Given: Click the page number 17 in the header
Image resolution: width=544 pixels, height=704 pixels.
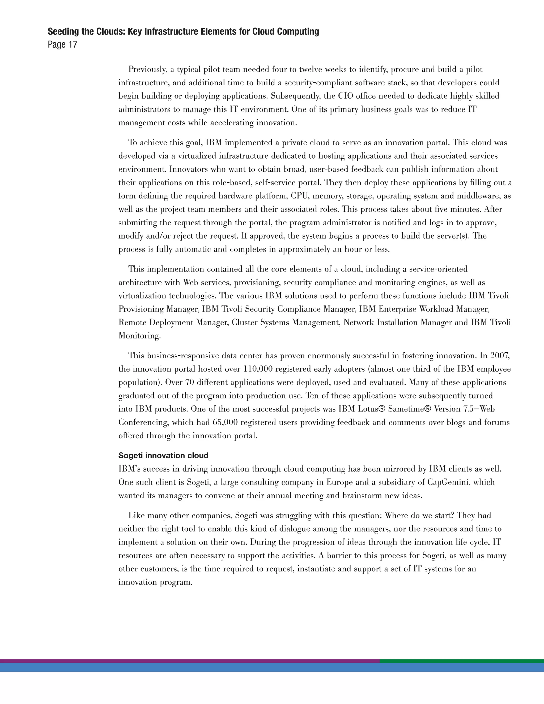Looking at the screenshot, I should pyautogui.click(x=73, y=44).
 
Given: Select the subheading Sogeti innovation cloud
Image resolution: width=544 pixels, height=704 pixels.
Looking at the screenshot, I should pyautogui.click(x=163, y=455).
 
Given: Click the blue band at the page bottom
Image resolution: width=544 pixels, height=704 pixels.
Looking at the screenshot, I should pyautogui.click(x=272, y=668).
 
